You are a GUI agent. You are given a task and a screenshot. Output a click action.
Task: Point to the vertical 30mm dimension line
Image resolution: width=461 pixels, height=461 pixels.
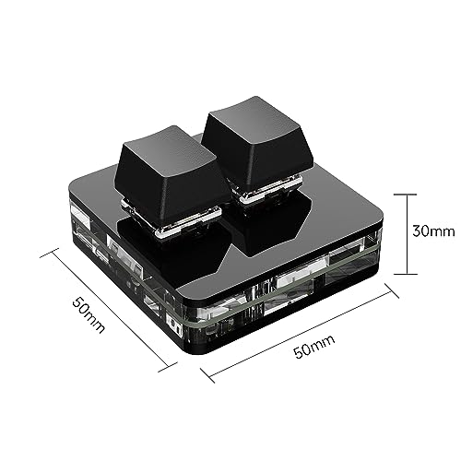399,234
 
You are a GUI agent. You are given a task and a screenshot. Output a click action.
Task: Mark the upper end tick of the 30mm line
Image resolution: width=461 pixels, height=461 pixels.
399,194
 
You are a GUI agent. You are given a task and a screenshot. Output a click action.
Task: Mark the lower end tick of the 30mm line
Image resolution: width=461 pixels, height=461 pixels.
399,275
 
